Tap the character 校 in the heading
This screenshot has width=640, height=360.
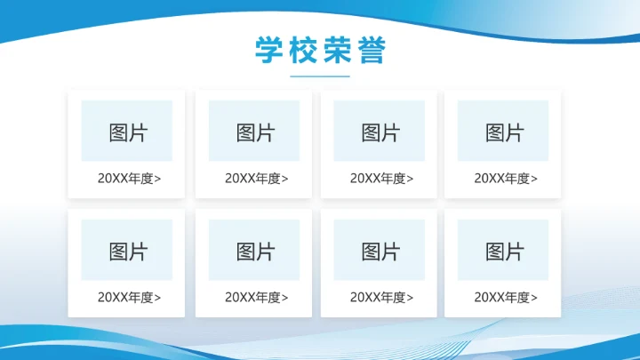point(303,50)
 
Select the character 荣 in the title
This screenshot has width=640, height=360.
point(338,50)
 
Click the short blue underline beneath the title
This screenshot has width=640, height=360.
point(320,77)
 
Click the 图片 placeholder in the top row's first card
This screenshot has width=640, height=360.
point(127,132)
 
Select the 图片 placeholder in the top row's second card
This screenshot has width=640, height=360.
point(254,132)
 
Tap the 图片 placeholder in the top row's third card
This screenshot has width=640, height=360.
point(380,132)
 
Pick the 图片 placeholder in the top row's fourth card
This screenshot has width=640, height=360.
point(503,132)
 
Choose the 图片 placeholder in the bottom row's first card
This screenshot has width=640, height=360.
point(127,251)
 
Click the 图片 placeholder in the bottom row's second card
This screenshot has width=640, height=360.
point(254,251)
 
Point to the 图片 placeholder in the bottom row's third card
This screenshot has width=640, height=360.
point(380,251)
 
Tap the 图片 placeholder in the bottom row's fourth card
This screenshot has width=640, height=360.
point(503,251)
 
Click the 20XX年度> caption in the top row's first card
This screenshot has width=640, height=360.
point(130,178)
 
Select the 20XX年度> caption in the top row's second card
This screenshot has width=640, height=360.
point(257,178)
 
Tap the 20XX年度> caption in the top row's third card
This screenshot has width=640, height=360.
point(382,178)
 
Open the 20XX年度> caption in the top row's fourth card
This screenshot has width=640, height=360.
point(506,178)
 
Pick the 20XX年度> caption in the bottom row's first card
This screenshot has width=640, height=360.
point(130,297)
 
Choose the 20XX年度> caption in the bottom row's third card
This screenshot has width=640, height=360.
point(382,297)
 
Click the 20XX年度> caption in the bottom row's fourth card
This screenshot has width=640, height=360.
point(506,297)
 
